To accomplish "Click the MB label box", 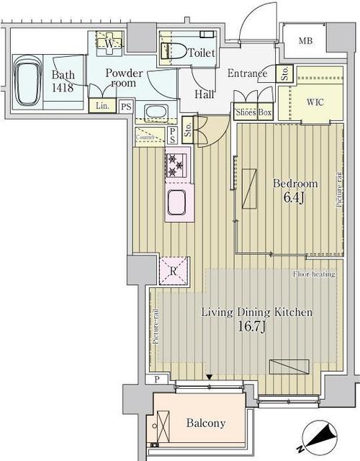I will tap(305, 42).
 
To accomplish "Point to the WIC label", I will tap(315, 102).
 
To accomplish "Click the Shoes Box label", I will tap(253, 112).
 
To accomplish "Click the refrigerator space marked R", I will tap(174, 272).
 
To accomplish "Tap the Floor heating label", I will tap(314, 275).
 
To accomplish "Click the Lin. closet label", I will tap(102, 107).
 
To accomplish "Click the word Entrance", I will tap(248, 73).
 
